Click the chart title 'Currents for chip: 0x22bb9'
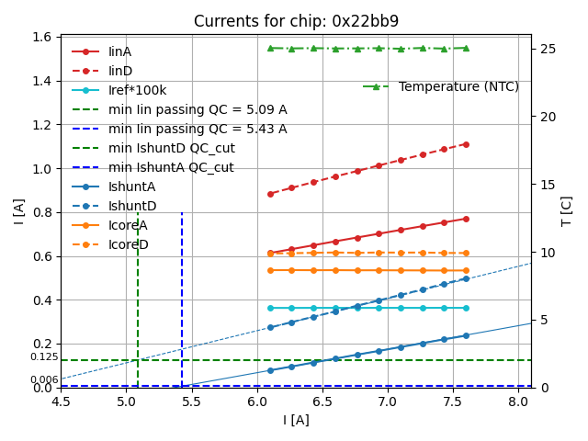pyautogui.click(x=296, y=21)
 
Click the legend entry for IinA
pyautogui.click(x=119, y=51)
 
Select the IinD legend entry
pyautogui.click(x=119, y=71)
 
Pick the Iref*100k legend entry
pyautogui.click(x=138, y=90)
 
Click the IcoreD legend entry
pyautogui.click(x=128, y=244)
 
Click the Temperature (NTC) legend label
pyautogui.click(x=458, y=86)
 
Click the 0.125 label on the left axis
pyautogui.click(x=43, y=356)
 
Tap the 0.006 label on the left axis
pyautogui.click(x=43, y=379)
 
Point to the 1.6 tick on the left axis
pyautogui.click(x=42, y=38)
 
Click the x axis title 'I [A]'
pyautogui.click(x=295, y=420)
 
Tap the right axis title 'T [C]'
pyautogui.click(x=566, y=211)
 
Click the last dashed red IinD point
pyautogui.click(x=466, y=144)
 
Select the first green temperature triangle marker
pyautogui.click(x=270, y=48)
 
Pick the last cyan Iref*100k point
pyautogui.click(x=466, y=308)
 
